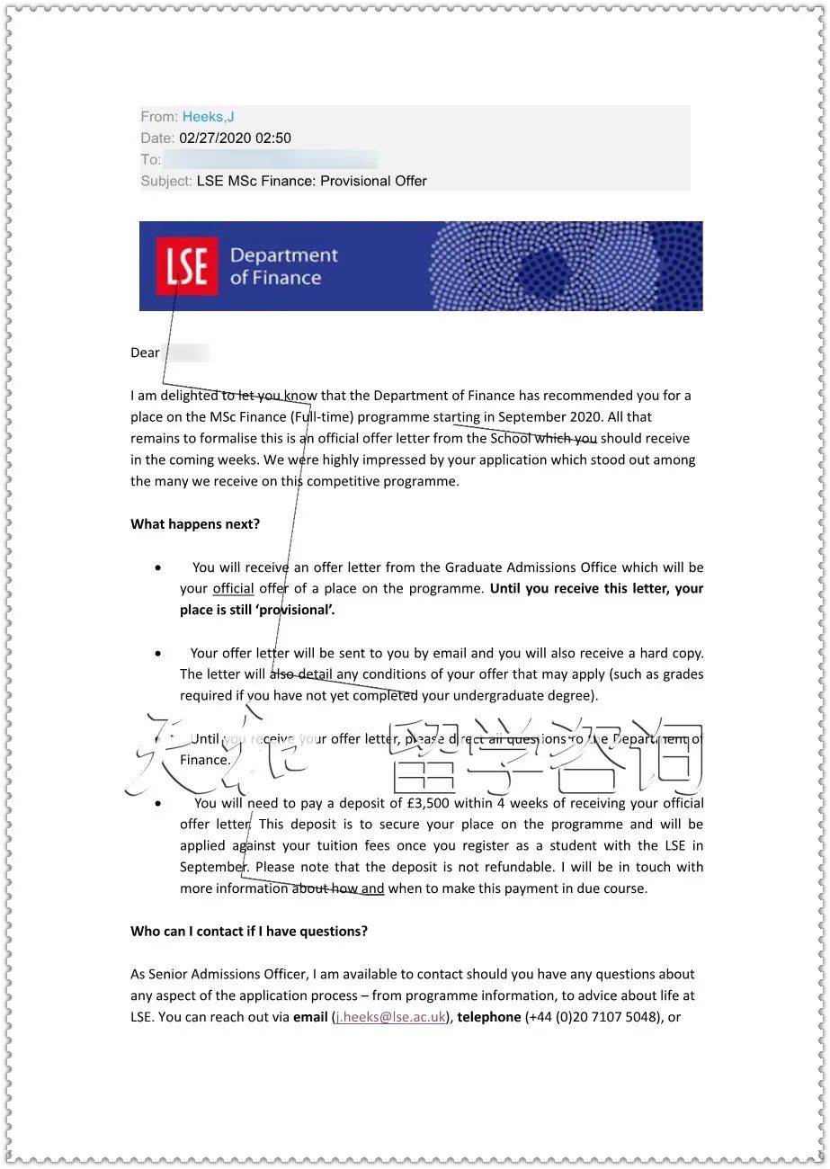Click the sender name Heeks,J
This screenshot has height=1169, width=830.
click(208, 117)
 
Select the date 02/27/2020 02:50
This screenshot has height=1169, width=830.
click(235, 138)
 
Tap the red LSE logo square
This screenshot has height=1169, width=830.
click(187, 266)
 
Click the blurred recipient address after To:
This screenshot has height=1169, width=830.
click(270, 160)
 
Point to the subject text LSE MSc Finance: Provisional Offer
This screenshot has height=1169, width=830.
click(311, 181)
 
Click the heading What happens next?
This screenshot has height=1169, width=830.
click(195, 524)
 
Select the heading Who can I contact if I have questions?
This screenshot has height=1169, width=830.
click(249, 932)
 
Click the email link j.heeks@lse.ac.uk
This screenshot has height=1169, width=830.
click(390, 1017)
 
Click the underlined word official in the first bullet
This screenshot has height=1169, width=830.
click(233, 589)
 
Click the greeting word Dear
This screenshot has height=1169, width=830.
click(145, 352)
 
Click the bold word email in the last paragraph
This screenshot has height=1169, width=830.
click(310, 1017)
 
